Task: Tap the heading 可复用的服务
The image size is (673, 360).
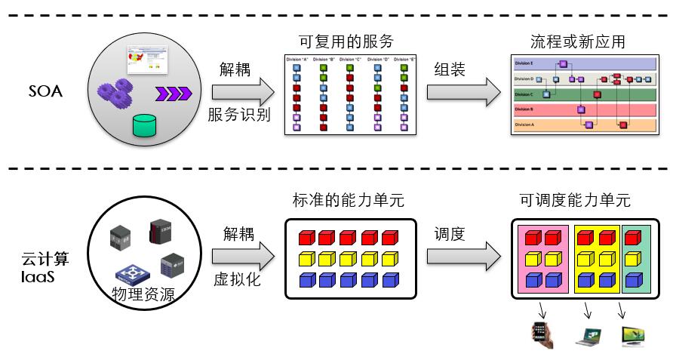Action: [346, 41]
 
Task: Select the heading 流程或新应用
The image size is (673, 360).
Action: [578, 41]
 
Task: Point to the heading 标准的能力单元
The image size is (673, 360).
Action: [348, 201]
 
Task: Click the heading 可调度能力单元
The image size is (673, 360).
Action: [575, 201]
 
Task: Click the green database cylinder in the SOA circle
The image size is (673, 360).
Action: [145, 125]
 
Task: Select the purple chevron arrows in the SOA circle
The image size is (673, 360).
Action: [174, 94]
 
